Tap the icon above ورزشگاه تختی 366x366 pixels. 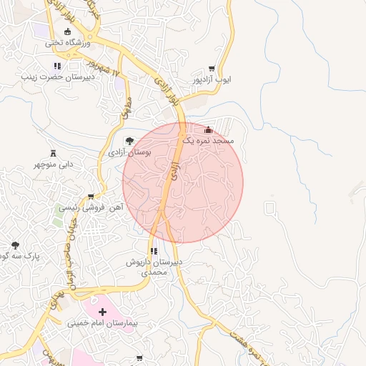coord(68,31)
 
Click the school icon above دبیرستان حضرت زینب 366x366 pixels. coord(57,66)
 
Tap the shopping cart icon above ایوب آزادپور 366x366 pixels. coord(212,69)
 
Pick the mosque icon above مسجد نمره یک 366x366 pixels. coord(208,130)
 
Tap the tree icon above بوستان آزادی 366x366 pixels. coord(129,141)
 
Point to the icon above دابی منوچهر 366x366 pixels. coord(53,153)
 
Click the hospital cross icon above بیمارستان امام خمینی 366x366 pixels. coord(103,312)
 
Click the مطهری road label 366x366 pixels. coord(127,108)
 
